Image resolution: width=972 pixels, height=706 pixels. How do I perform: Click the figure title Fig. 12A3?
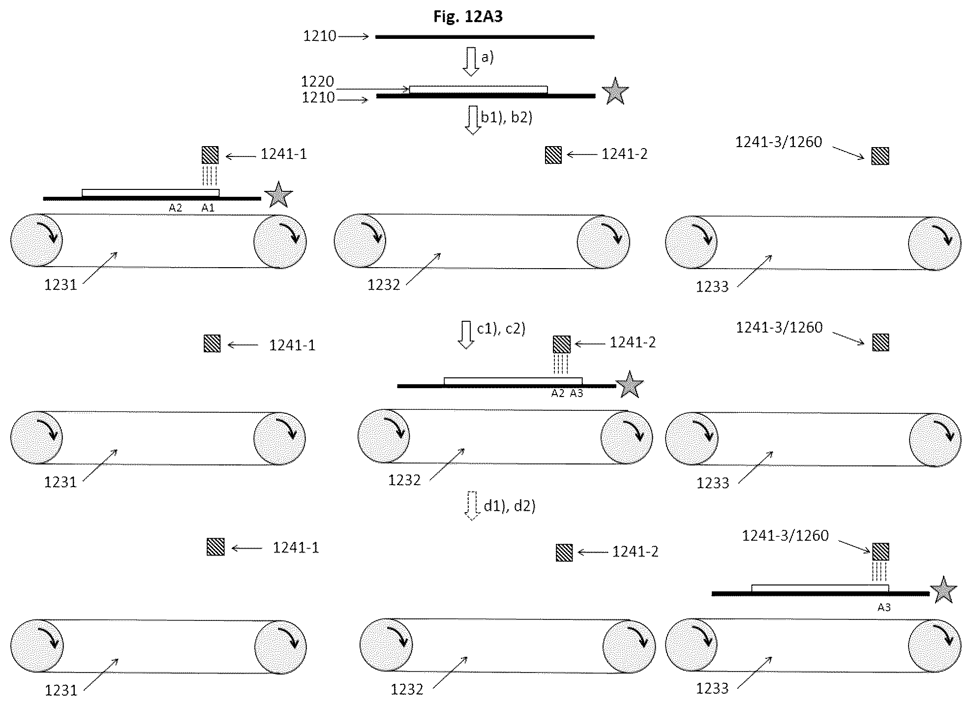[x=468, y=16]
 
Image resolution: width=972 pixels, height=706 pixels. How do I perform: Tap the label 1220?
[x=317, y=81]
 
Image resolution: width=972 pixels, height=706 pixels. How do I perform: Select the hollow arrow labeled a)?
[x=471, y=62]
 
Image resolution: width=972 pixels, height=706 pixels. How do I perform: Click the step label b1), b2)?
[x=507, y=117]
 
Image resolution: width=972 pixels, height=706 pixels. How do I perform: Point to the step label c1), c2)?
[x=501, y=328]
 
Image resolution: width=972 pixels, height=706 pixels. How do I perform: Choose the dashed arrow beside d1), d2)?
[x=472, y=506]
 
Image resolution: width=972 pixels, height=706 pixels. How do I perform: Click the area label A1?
[x=208, y=208]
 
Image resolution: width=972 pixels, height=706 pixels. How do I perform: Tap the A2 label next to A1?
[x=175, y=208]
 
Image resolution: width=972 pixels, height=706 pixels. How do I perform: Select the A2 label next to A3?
[x=557, y=393]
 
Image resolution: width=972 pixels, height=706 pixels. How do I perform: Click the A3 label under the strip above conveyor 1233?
[x=884, y=607]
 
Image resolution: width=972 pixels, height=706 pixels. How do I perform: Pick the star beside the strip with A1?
[x=278, y=195]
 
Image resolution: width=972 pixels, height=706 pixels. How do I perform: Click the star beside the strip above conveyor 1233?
[x=943, y=590]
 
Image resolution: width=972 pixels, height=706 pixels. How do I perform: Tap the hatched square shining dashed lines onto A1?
[x=210, y=155]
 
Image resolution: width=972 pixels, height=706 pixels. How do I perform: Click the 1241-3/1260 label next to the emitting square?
[x=785, y=535]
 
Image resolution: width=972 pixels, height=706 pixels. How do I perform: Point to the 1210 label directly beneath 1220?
[x=318, y=97]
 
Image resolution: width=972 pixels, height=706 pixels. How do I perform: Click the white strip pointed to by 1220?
[x=478, y=90]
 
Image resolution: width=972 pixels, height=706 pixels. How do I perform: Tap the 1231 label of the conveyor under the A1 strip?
[x=61, y=285]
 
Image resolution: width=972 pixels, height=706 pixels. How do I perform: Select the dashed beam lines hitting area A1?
[x=210, y=176]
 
